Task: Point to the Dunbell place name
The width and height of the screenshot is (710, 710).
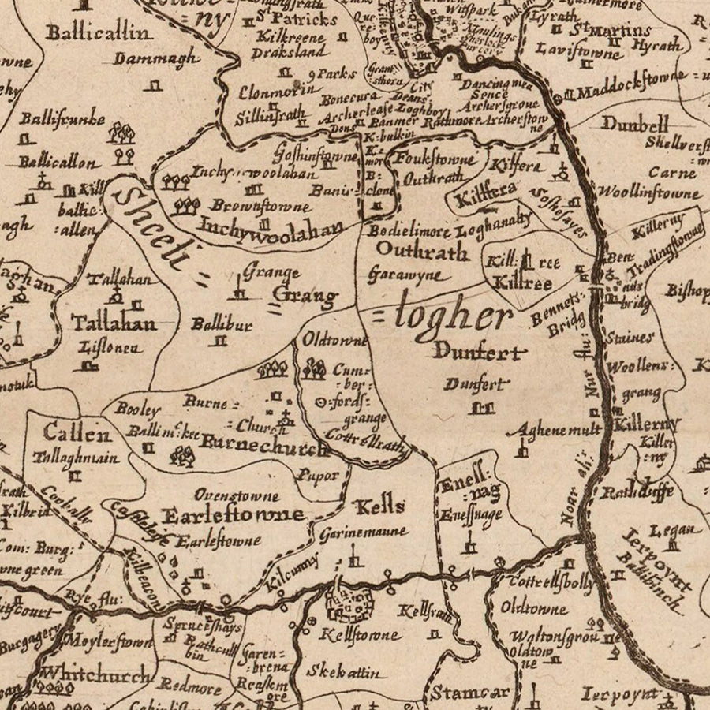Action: pyautogui.click(x=635, y=124)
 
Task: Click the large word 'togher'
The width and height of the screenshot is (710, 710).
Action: pyautogui.click(x=453, y=316)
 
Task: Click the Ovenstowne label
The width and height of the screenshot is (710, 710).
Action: pyautogui.click(x=237, y=496)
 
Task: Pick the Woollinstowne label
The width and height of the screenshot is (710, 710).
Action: pyautogui.click(x=648, y=192)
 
